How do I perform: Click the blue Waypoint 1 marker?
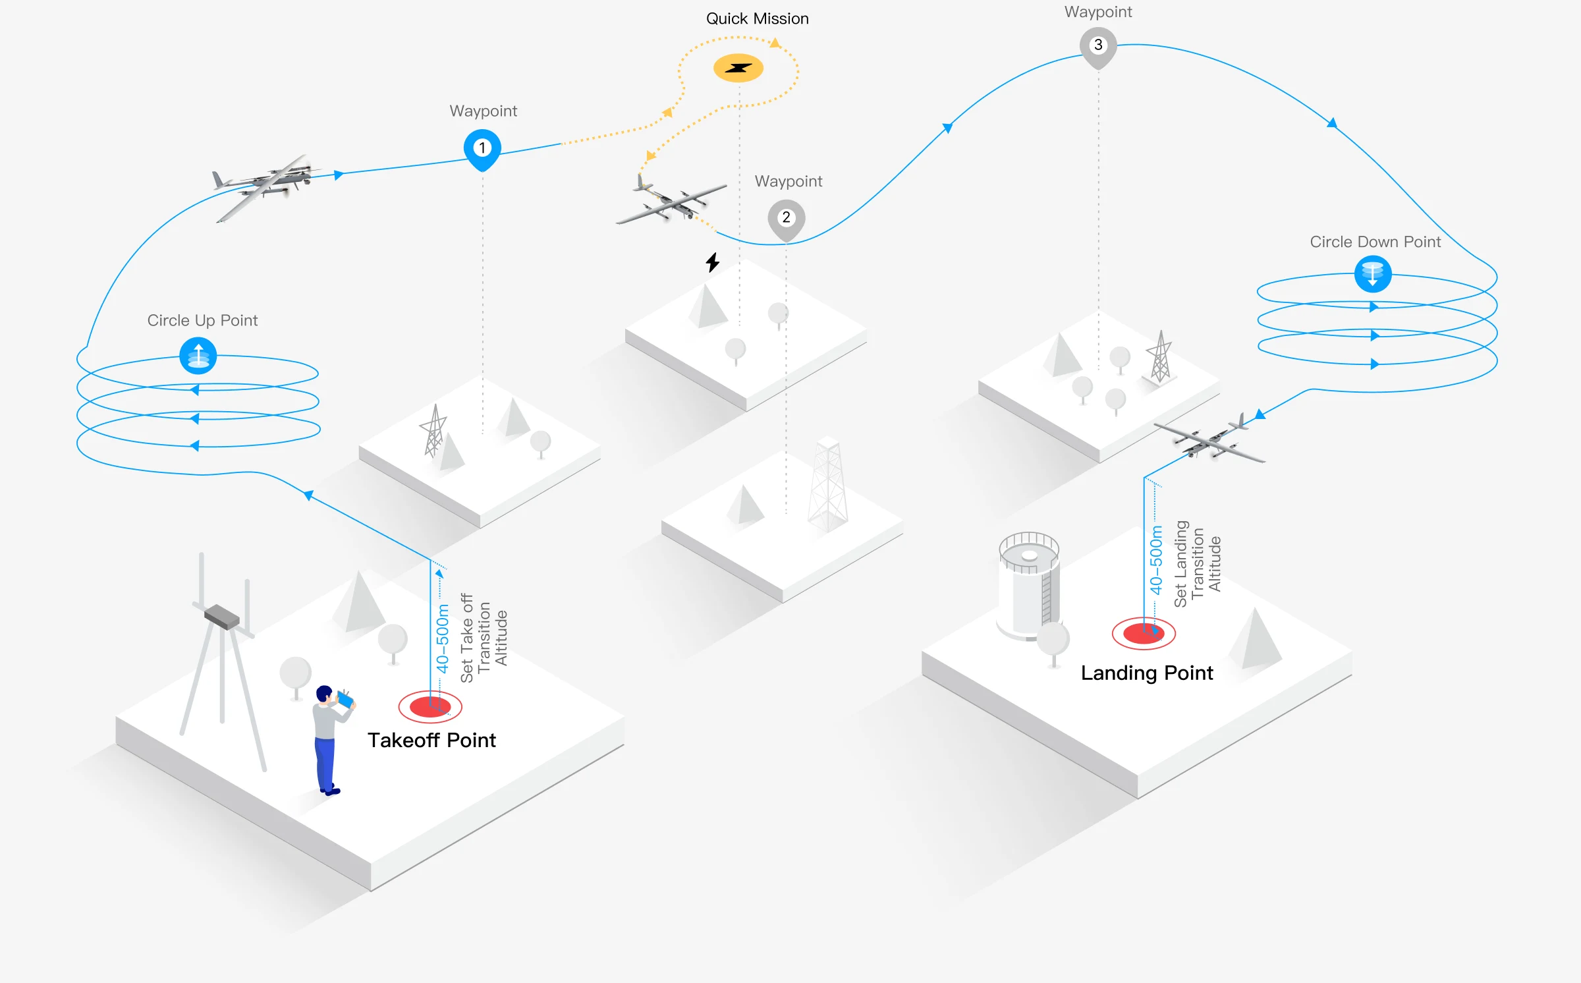482,150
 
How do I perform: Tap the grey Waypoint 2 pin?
786,219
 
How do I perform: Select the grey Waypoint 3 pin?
1098,47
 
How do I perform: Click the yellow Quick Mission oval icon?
738,68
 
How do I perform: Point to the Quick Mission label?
758,18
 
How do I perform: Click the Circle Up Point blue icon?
198,356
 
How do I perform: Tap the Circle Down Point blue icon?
1373,274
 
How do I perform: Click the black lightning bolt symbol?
713,262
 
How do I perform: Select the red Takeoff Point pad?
430,707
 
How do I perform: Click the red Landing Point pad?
1144,634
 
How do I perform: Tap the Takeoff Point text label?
431,740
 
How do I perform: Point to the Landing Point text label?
1147,673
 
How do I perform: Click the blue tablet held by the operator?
345,699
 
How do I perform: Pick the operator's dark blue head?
324,694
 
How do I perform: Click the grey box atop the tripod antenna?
222,617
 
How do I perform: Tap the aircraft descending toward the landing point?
1209,438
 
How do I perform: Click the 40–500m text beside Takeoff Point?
443,638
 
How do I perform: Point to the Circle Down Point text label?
1375,242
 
